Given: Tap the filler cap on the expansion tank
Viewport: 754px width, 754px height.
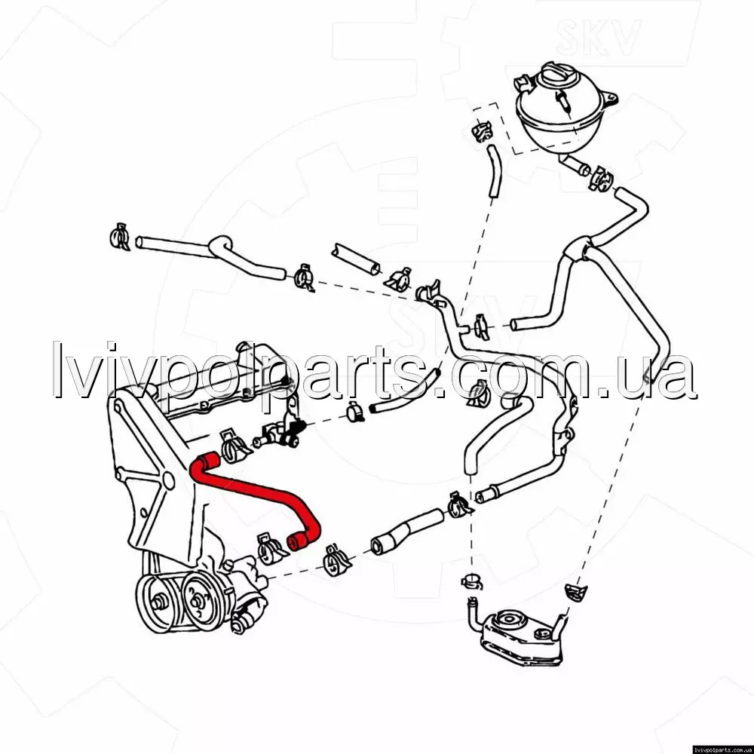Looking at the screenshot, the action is (x=557, y=76).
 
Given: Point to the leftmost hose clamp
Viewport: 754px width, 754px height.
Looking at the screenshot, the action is (x=119, y=237).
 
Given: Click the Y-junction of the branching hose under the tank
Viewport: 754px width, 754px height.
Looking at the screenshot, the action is (x=577, y=247).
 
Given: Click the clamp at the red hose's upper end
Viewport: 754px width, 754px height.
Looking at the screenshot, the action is (x=234, y=446).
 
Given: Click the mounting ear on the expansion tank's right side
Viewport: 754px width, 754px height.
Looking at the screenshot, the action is (x=610, y=99).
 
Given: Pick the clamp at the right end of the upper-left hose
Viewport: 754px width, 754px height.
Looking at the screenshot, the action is (x=304, y=278).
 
